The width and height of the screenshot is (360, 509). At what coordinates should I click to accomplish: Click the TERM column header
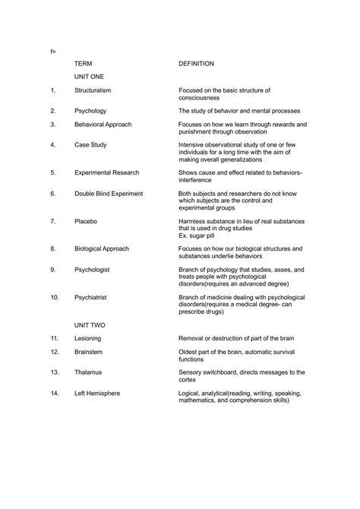click(x=83, y=64)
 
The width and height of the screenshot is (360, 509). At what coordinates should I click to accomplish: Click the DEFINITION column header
click(x=196, y=64)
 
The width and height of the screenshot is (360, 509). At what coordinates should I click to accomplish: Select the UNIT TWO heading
click(x=90, y=324)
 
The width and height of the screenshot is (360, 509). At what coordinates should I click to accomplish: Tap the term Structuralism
click(x=96, y=90)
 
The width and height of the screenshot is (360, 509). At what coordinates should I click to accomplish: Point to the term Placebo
click(x=86, y=221)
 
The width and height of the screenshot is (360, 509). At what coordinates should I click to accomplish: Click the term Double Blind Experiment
click(x=109, y=194)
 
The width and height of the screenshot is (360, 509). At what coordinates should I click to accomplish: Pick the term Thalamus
click(x=88, y=372)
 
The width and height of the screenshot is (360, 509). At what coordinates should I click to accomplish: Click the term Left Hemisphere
click(x=97, y=393)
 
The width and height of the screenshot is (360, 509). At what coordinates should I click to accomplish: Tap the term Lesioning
click(x=90, y=337)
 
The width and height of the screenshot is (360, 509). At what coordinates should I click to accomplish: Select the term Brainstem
click(x=90, y=352)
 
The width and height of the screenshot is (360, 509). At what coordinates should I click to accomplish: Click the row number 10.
click(x=54, y=297)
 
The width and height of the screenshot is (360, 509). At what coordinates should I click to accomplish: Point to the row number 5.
click(x=53, y=172)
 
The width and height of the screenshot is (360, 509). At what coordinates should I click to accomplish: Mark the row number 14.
click(x=54, y=393)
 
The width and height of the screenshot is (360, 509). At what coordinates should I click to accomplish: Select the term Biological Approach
click(x=102, y=248)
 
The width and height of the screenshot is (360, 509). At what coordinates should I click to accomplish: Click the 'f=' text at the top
click(x=52, y=50)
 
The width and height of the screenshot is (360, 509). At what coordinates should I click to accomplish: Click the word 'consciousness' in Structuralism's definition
click(x=199, y=98)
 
